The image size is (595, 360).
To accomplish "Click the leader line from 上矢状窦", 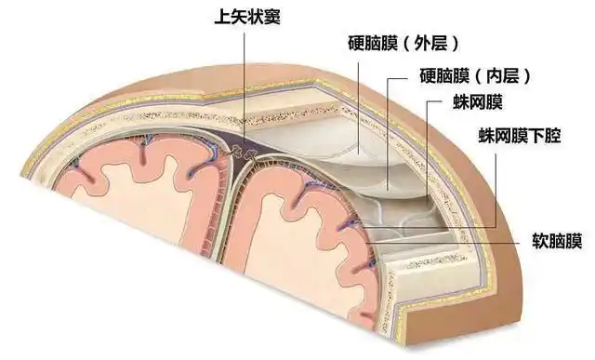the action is [245, 84].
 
